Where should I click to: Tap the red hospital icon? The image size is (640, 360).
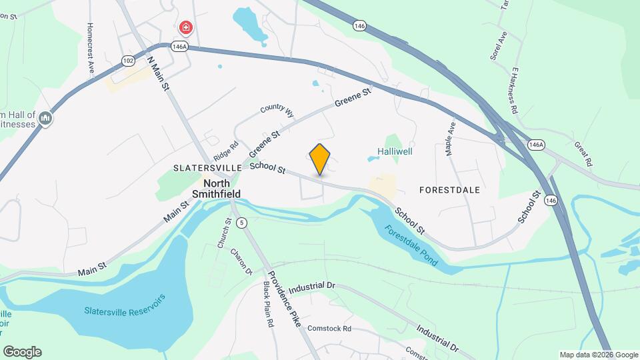187,28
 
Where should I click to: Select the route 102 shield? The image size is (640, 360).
128,60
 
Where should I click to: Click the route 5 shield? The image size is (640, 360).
241,222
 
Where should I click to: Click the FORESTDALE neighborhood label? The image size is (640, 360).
450,190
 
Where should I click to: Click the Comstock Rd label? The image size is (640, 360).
329,328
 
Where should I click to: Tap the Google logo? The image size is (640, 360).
22,352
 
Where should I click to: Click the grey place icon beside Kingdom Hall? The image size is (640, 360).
45,119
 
